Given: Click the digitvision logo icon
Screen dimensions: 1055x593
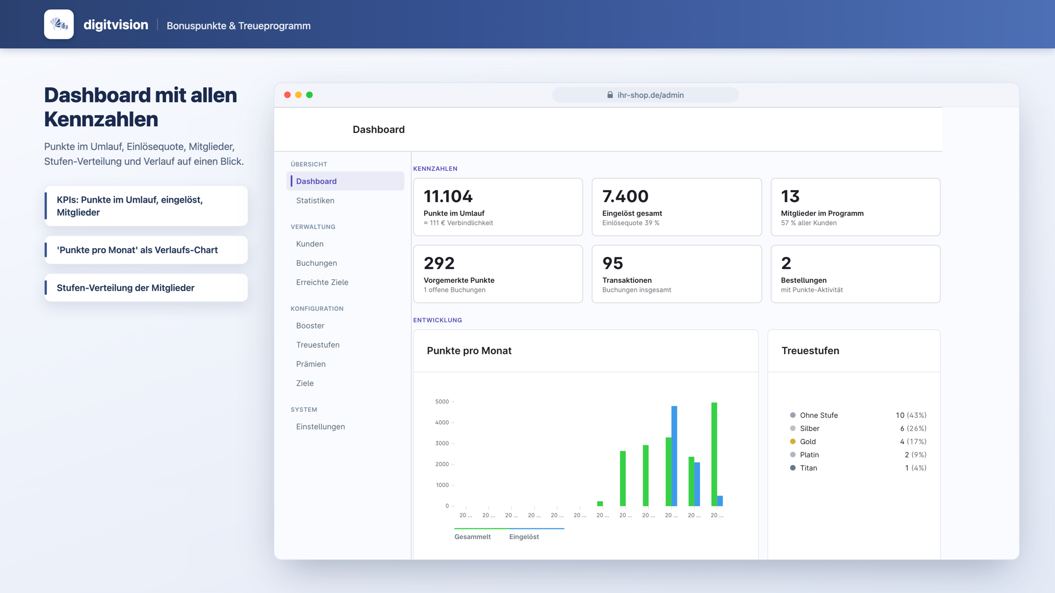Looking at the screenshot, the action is coord(59,24).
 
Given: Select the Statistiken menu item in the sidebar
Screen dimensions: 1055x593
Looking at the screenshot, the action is coord(315,200).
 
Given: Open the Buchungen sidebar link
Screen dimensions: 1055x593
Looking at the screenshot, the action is coord(316,263).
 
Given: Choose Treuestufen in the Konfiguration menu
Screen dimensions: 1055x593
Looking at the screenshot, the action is coord(318,345).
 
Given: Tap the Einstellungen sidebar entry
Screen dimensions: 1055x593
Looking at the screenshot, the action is coord(320,427).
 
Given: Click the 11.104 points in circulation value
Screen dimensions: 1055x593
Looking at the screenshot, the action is coord(448,196).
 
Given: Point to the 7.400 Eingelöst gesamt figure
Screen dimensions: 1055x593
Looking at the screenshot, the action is coord(625,196).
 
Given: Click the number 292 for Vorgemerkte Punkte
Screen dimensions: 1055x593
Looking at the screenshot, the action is coord(439,263).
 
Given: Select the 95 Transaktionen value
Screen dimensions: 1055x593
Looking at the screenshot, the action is coord(613,263).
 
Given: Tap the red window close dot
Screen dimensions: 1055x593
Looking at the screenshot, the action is coord(287,95).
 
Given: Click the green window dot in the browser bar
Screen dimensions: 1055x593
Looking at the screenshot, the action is coord(309,95).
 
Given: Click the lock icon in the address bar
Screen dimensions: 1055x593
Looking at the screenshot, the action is coord(610,95).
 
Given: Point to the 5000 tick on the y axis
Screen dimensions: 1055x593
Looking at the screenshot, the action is coord(442,401).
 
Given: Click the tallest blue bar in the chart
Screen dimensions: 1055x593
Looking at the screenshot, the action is coord(674,456).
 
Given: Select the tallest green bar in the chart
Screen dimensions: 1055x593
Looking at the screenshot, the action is coord(714,454).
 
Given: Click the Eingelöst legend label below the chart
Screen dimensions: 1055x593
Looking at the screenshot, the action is coord(524,537).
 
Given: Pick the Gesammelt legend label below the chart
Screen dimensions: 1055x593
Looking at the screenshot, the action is coord(473,537).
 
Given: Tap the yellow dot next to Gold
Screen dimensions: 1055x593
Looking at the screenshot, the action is coord(793,441).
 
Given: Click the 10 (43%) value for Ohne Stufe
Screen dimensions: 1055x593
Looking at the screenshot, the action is coord(911,415).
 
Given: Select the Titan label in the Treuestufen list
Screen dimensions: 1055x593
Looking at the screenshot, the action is coord(808,468).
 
